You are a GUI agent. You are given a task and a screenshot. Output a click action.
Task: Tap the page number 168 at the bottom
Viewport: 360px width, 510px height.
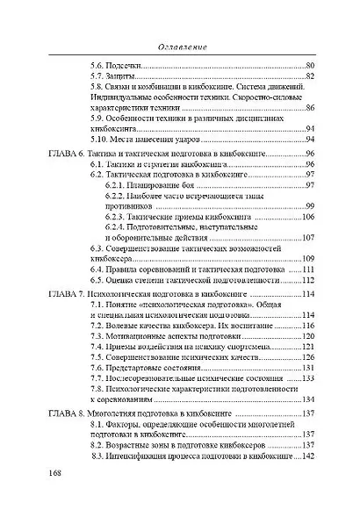55,474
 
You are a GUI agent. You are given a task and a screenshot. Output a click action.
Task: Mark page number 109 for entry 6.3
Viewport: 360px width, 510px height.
308,259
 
